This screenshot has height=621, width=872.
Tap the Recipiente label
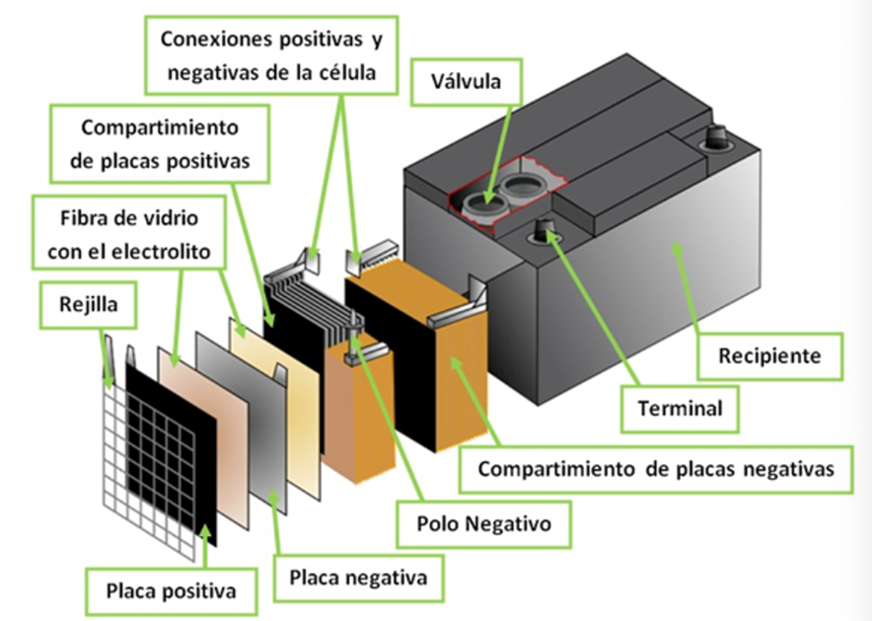coord(769,354)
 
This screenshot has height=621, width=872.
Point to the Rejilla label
coord(88,305)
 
